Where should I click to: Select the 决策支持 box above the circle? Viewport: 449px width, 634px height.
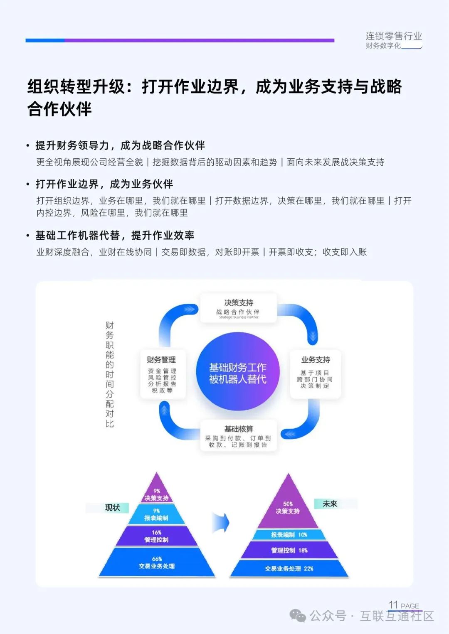pyautogui.click(x=238, y=308)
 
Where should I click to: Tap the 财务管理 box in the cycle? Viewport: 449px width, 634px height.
pyautogui.click(x=162, y=374)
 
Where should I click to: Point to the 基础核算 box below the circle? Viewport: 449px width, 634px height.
pyautogui.click(x=238, y=436)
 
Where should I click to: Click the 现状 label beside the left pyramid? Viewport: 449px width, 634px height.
pyautogui.click(x=112, y=508)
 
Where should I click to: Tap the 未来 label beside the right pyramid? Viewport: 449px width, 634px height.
pyautogui.click(x=330, y=504)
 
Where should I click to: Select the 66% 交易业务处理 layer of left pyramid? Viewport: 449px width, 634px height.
pyautogui.click(x=157, y=563)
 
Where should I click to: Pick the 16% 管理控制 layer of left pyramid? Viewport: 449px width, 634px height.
pyautogui.click(x=157, y=536)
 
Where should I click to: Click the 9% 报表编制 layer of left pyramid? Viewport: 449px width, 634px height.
pyautogui.click(x=156, y=515)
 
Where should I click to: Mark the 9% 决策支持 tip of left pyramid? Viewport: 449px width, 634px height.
pyautogui.click(x=157, y=494)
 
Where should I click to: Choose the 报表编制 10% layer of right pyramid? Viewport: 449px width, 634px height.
pyautogui.click(x=289, y=535)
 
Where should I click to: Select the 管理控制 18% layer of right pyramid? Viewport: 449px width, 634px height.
pyautogui.click(x=289, y=550)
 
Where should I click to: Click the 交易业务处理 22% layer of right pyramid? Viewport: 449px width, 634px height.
pyautogui.click(x=289, y=569)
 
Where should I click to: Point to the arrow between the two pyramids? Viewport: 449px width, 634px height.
pyautogui.click(x=221, y=523)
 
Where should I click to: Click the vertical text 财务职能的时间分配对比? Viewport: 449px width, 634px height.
pyautogui.click(x=109, y=374)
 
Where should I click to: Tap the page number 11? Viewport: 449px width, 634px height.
pyautogui.click(x=393, y=605)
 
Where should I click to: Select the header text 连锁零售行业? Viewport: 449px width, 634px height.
pyautogui.click(x=393, y=36)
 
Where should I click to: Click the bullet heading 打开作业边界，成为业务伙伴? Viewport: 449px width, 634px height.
pyautogui.click(x=104, y=184)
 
